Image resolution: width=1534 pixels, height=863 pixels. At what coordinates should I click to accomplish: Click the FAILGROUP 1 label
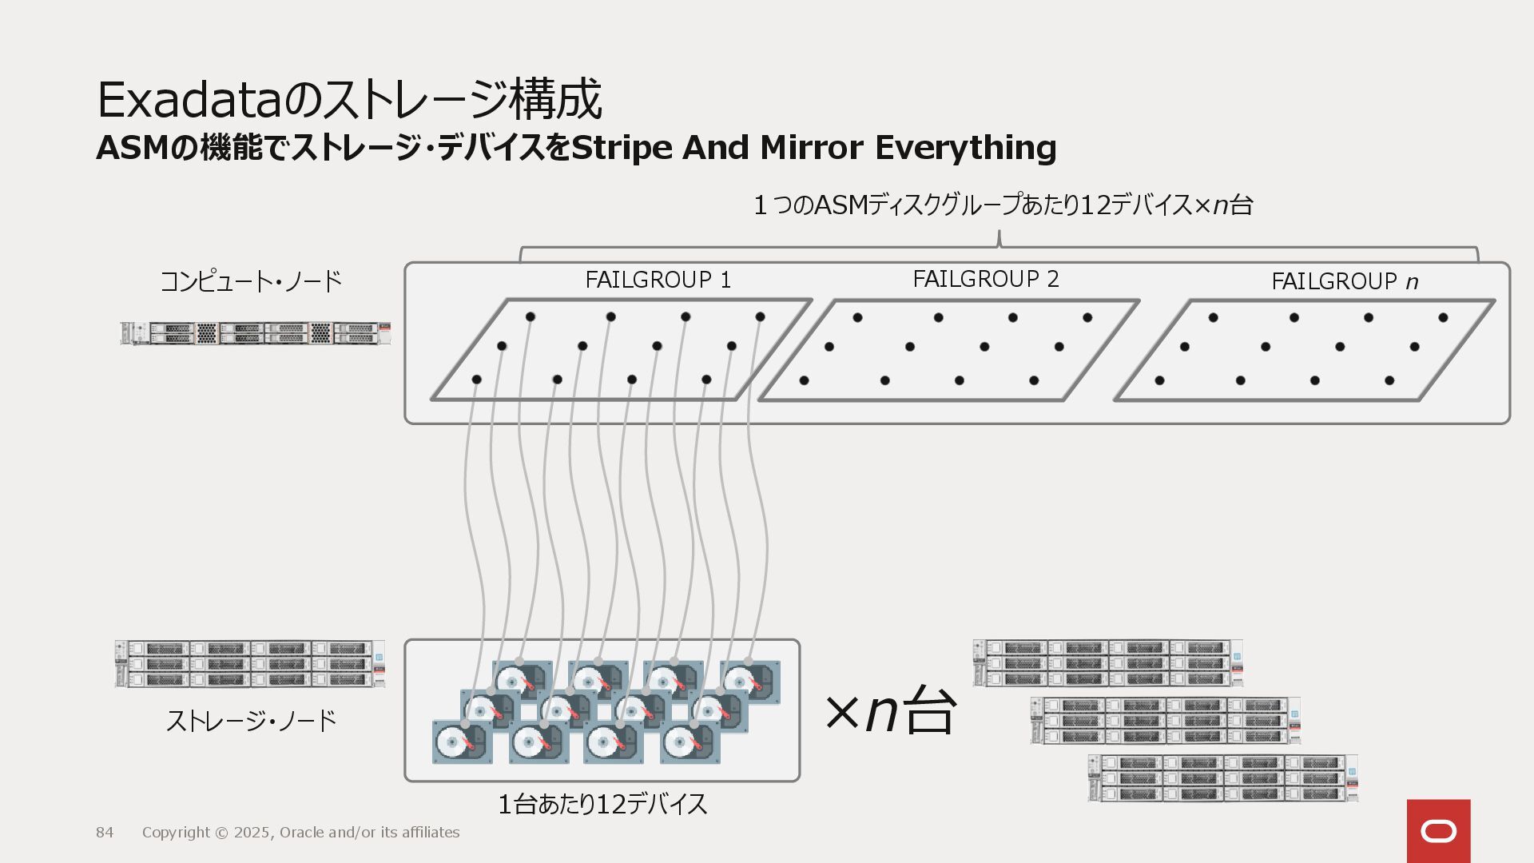click(658, 280)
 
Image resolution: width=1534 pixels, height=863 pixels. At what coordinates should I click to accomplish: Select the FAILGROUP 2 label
click(985, 280)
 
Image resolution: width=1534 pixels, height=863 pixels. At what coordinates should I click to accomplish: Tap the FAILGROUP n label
click(1344, 282)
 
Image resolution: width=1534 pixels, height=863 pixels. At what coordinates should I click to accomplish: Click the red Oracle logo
click(1438, 831)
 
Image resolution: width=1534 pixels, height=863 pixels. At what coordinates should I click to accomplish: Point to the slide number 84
click(105, 833)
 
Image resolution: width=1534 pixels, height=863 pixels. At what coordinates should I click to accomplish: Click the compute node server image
click(256, 333)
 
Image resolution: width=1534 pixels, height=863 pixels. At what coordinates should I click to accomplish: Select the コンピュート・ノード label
click(251, 281)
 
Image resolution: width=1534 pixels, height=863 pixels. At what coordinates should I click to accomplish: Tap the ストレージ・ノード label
click(251, 722)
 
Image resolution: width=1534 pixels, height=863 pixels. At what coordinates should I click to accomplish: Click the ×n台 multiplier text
click(890, 710)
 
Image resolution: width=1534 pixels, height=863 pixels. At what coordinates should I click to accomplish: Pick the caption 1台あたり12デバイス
click(602, 804)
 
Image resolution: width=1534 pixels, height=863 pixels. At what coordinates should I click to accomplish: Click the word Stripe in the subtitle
click(622, 149)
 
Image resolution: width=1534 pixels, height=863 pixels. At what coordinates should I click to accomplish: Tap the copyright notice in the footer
click(300, 833)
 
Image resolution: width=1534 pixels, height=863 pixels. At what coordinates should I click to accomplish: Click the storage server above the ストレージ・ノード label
click(250, 663)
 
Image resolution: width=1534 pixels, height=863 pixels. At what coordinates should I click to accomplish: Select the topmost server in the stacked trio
click(1107, 662)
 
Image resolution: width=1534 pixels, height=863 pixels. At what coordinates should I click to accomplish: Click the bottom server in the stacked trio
click(1222, 777)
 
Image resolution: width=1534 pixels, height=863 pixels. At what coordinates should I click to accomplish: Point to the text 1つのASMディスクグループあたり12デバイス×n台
click(1003, 205)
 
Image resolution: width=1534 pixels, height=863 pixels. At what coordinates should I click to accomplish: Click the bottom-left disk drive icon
click(459, 742)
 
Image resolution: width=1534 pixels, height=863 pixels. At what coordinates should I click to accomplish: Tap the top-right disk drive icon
click(751, 682)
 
